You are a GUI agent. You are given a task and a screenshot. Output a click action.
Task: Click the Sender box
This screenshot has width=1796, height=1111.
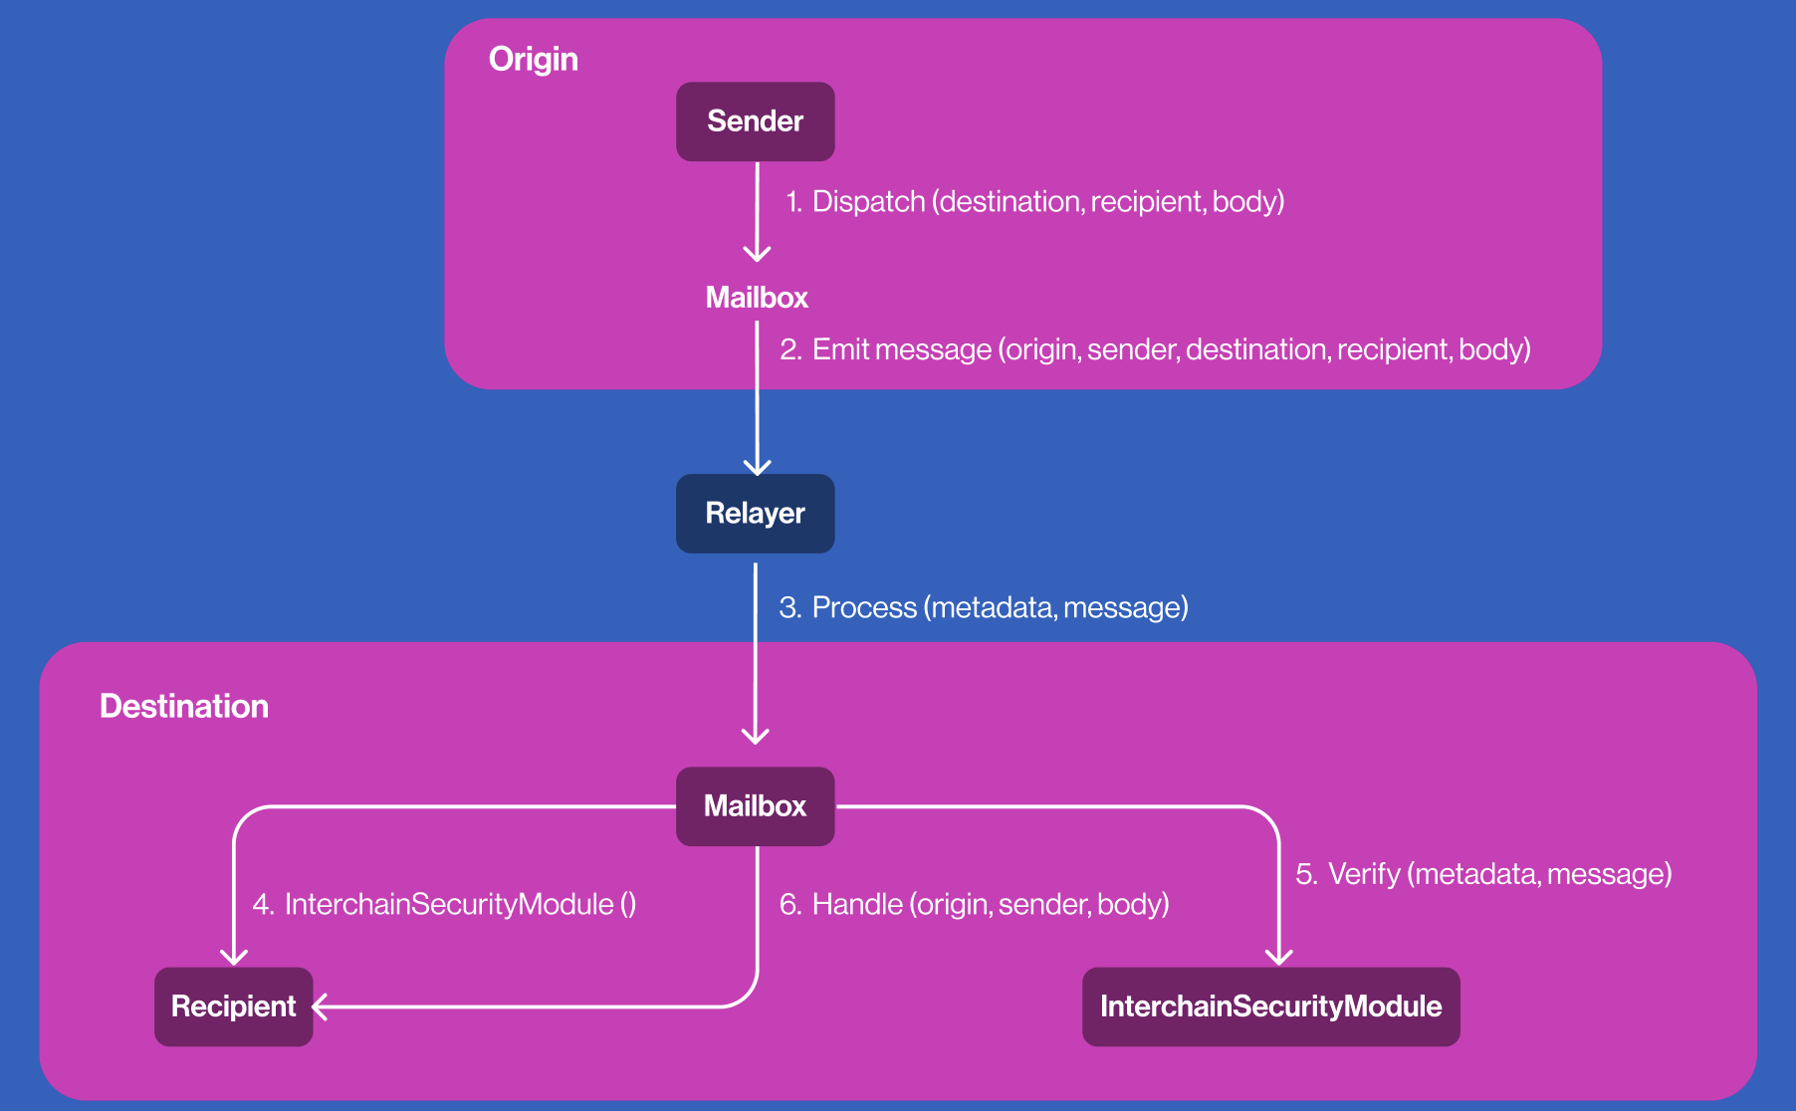tap(756, 121)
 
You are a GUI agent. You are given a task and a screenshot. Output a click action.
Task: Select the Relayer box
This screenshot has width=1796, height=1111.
tap(756, 514)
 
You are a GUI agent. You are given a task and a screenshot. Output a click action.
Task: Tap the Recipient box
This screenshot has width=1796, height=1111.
tap(234, 1006)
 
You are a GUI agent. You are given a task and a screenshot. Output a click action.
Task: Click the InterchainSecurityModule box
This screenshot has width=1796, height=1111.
tap(1271, 1006)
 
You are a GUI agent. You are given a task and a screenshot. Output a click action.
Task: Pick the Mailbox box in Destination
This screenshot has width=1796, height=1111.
tap(756, 806)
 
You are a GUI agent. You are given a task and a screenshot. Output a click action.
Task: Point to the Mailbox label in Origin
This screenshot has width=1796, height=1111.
tap(757, 298)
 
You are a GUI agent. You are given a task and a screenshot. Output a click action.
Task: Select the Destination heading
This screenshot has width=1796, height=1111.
tap(184, 706)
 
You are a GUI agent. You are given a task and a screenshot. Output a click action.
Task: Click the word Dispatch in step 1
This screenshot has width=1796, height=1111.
tap(869, 202)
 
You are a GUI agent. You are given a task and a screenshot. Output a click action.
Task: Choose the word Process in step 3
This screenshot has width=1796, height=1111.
tap(864, 607)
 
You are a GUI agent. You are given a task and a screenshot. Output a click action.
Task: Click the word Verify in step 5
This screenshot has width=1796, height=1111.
tap(1365, 874)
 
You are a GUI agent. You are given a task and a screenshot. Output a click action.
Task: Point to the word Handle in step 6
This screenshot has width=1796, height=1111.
tap(857, 904)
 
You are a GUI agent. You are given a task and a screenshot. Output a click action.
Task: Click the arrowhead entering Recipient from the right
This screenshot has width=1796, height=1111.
tap(320, 1007)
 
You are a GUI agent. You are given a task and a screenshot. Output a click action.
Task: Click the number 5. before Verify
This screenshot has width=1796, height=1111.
tap(1307, 874)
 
